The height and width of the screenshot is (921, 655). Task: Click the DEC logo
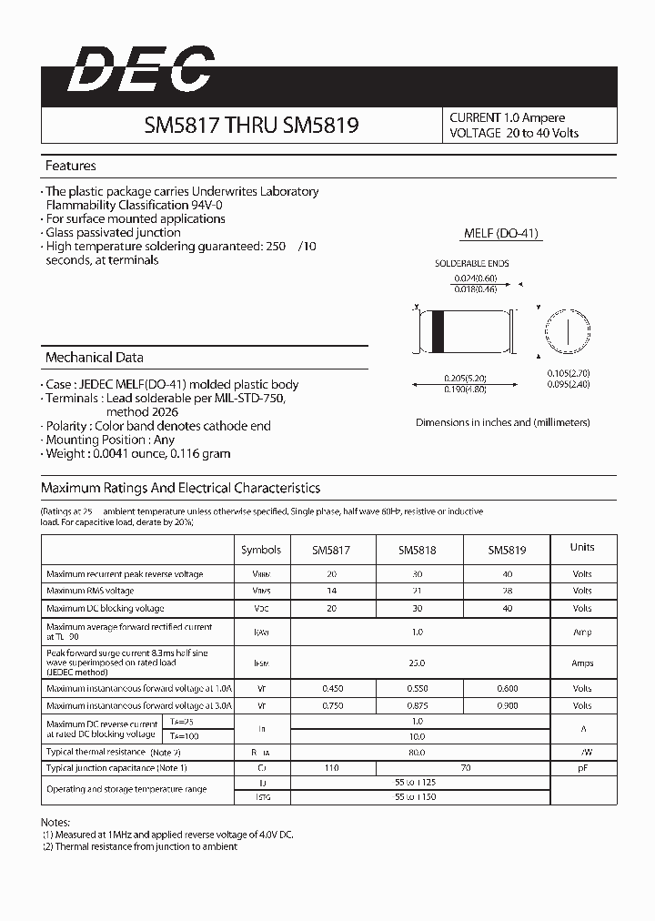pos(141,70)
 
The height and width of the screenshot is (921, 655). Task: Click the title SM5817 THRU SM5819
pos(251,127)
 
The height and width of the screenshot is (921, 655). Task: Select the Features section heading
pos(71,167)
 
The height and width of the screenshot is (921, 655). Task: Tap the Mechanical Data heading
pos(94,358)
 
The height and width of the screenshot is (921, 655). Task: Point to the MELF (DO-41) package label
pos(501,233)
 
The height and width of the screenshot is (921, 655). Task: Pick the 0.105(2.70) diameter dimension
pos(569,373)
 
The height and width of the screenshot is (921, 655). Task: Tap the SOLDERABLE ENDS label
pos(471,264)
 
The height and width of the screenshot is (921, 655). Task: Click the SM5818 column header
pos(418,550)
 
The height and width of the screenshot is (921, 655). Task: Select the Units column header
pos(582,547)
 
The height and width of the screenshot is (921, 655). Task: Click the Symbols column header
pos(261,550)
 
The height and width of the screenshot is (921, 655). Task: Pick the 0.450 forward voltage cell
pos(332,689)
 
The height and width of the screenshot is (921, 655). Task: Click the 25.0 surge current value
pos(418,663)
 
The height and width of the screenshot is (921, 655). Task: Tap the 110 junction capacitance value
pos(332,769)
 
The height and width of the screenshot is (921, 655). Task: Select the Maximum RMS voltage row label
pos(90,592)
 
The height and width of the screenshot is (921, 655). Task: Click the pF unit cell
pos(582,769)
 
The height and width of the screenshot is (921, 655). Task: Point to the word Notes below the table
pos(57,822)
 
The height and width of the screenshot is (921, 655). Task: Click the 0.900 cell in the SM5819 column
pos(507,705)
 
